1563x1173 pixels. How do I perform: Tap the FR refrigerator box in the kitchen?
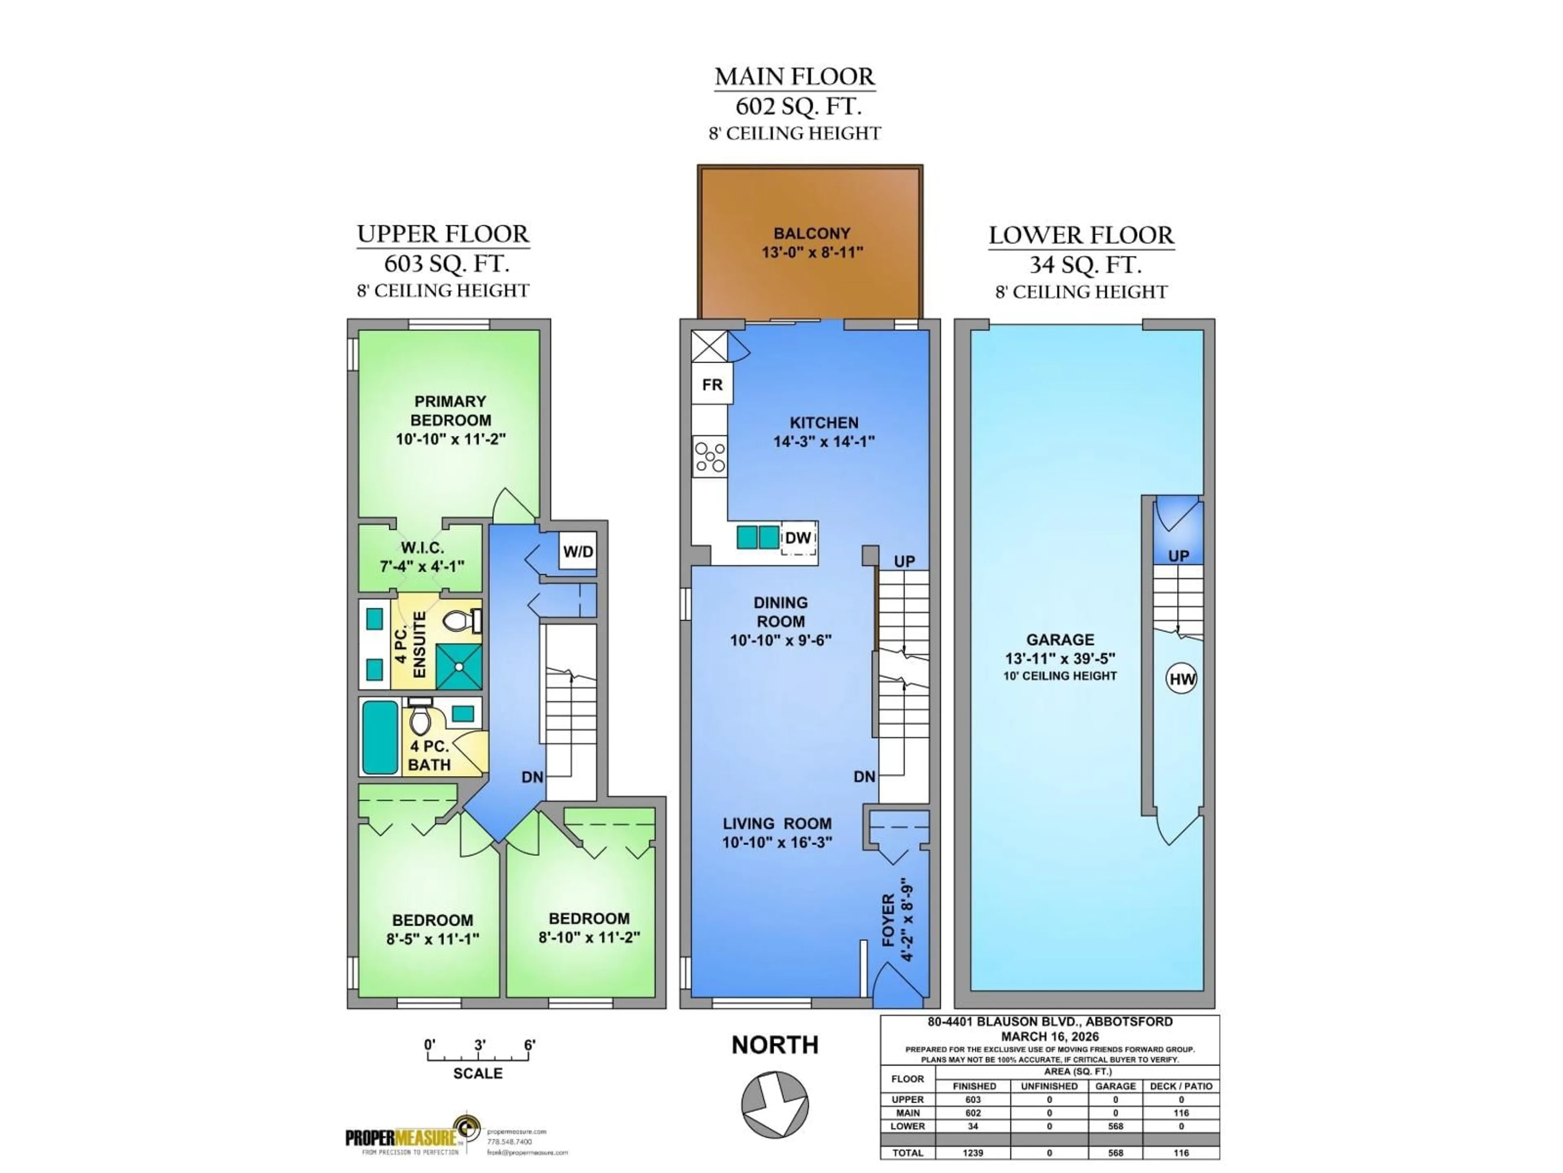point(711,384)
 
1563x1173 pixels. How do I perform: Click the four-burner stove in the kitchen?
point(709,456)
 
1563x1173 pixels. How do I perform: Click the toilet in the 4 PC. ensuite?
point(461,622)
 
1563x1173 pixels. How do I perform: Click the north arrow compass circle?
point(775,1104)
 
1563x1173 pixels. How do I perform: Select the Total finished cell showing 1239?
point(972,1153)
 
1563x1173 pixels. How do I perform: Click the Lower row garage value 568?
point(1115,1126)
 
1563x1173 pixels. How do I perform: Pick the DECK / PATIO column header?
point(1181,1086)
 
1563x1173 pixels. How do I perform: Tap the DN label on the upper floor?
point(532,777)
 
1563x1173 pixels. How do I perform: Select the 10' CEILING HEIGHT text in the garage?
point(1060,676)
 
